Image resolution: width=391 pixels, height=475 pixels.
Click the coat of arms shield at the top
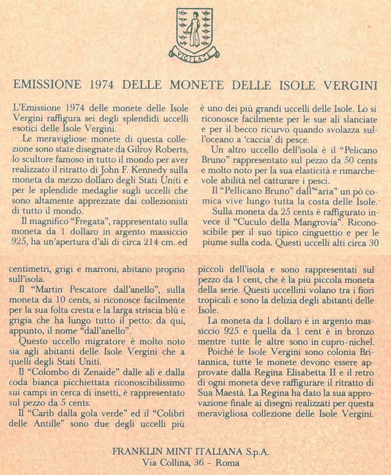[194, 29]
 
